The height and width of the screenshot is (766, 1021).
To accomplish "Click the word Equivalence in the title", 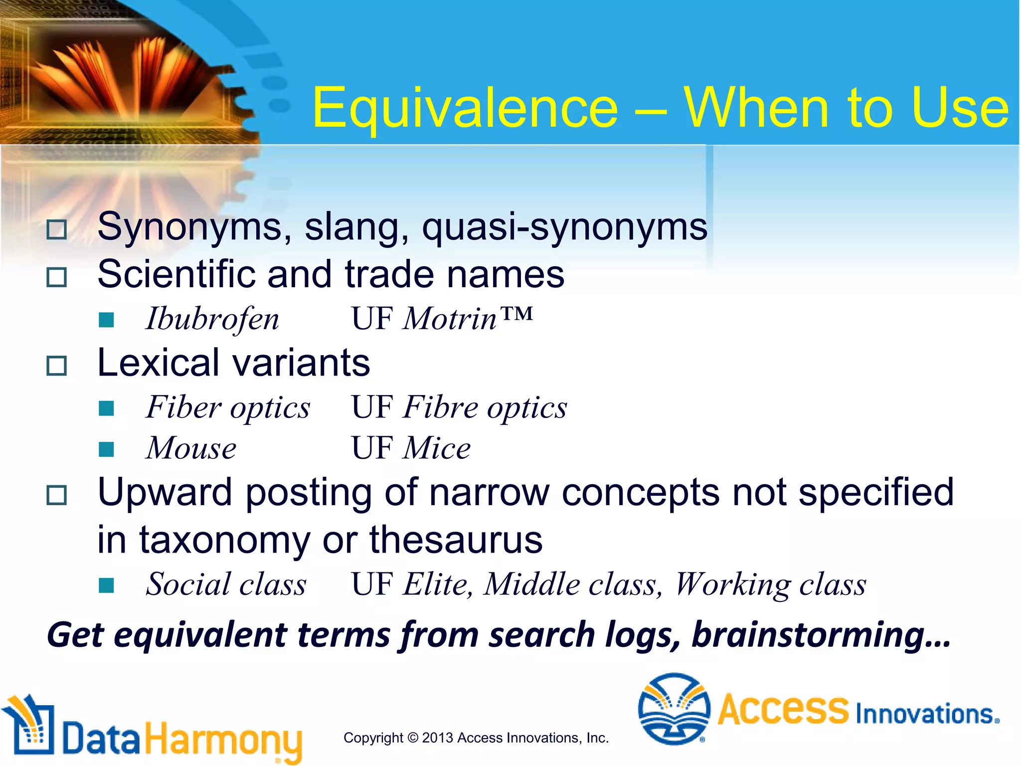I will click(x=465, y=108).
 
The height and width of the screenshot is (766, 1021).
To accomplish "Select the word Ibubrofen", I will click(x=212, y=319).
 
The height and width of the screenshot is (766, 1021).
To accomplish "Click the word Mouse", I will click(x=191, y=448).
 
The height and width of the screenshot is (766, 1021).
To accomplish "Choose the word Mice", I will click(x=437, y=448).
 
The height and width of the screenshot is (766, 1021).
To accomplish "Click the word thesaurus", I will click(x=456, y=540).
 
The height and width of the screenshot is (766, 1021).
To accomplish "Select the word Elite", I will click(x=437, y=584).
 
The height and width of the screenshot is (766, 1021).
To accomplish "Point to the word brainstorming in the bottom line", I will click(x=821, y=635).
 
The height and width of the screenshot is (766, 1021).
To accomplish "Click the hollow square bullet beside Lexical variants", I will click(x=56, y=366).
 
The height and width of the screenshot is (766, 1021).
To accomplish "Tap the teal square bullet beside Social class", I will click(x=106, y=585).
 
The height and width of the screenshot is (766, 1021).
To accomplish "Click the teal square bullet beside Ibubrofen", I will click(x=106, y=320).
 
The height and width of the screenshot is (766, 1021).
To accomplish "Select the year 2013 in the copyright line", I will click(x=438, y=738).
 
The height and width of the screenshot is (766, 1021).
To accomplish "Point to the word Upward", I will click(x=165, y=492).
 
